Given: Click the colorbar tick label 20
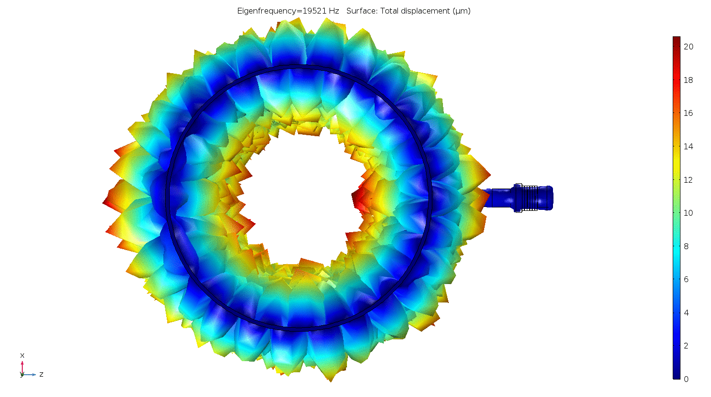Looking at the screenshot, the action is pos(689,47).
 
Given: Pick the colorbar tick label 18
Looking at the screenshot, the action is pos(689,80).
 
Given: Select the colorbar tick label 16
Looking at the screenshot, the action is pos(689,113).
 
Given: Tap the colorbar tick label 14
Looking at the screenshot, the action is pos(689,146).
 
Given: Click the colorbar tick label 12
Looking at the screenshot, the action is pos(689,180).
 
